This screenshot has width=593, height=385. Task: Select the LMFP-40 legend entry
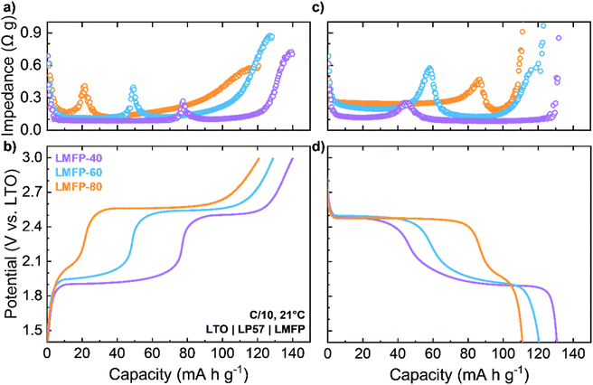coord(79,157)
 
